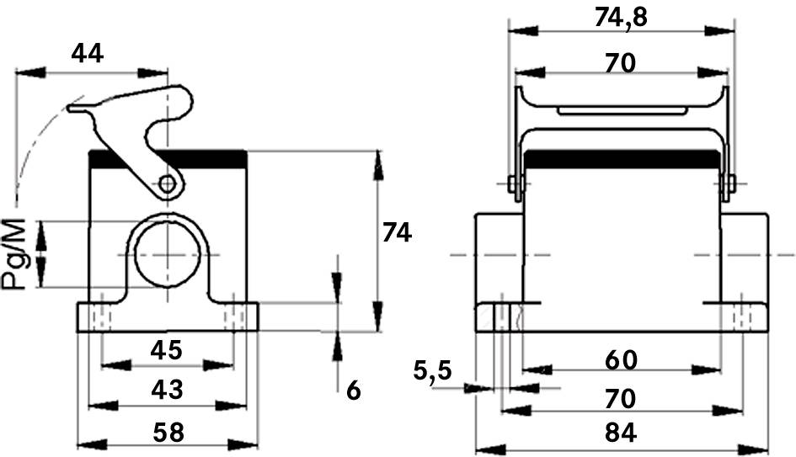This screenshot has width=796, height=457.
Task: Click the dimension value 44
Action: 87,54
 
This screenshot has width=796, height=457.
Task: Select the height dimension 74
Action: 397,232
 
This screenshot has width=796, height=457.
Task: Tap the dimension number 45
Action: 165,348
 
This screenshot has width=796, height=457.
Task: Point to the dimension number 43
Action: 165,389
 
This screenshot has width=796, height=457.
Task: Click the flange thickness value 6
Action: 353,390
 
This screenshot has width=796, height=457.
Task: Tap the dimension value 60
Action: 621,359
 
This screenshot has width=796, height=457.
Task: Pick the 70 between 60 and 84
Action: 621,396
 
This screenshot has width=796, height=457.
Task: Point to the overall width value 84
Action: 621,433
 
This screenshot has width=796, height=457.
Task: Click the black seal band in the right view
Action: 621,158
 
